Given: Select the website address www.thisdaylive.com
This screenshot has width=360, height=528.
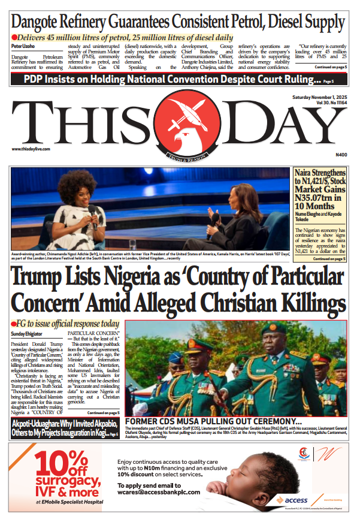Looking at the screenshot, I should click(x=30, y=149).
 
